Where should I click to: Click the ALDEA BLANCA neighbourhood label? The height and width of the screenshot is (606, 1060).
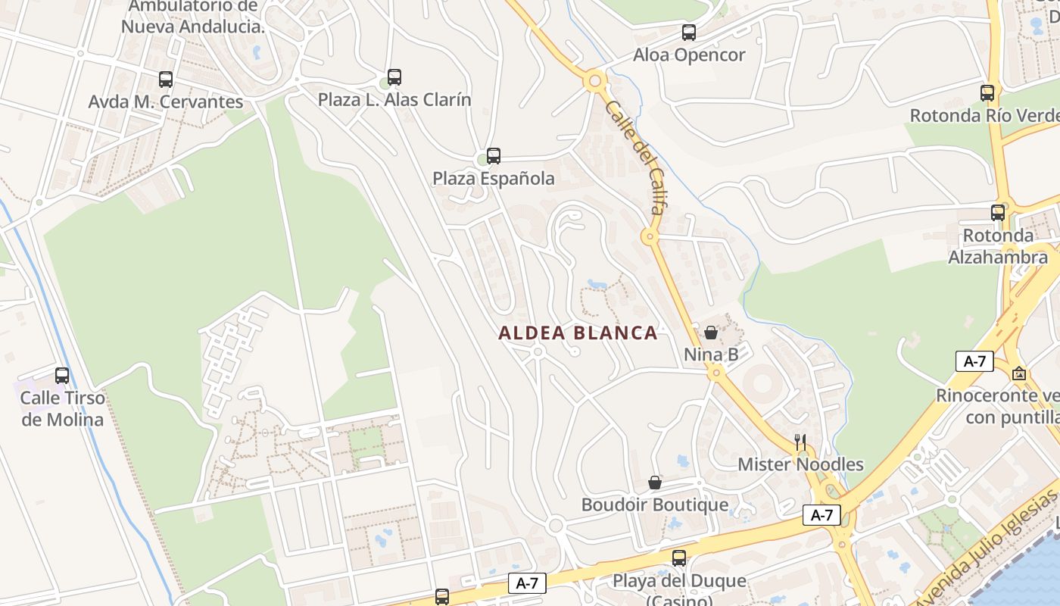click(578, 333)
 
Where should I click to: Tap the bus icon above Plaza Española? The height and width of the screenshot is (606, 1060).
click(494, 156)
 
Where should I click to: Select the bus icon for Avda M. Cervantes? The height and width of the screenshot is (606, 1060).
click(166, 79)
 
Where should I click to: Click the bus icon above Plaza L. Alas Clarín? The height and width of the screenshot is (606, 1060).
click(394, 77)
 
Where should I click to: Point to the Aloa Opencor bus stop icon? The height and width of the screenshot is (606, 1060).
click(689, 33)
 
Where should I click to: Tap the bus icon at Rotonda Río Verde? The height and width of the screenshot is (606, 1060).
click(987, 93)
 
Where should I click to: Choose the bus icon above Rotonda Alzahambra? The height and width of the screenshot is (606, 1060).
click(998, 213)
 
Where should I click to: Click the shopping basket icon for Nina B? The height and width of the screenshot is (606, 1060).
click(711, 332)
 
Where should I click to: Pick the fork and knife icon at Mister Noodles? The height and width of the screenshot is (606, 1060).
click(800, 442)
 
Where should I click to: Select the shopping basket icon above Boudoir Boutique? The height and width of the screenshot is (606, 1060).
click(655, 483)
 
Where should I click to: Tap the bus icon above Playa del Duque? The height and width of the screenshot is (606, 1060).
click(679, 558)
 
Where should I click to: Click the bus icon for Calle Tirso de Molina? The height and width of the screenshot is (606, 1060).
click(62, 375)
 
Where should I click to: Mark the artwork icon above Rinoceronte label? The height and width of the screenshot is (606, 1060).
click(1020, 373)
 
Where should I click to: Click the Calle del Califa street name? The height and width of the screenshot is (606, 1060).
click(635, 157)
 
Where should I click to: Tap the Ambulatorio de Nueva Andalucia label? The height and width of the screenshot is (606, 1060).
click(193, 17)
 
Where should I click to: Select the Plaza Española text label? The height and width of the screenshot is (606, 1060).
click(494, 179)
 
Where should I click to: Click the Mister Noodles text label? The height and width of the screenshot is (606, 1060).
click(800, 464)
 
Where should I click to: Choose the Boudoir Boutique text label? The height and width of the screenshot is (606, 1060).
click(655, 504)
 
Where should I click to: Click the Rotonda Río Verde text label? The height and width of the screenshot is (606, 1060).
click(984, 116)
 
